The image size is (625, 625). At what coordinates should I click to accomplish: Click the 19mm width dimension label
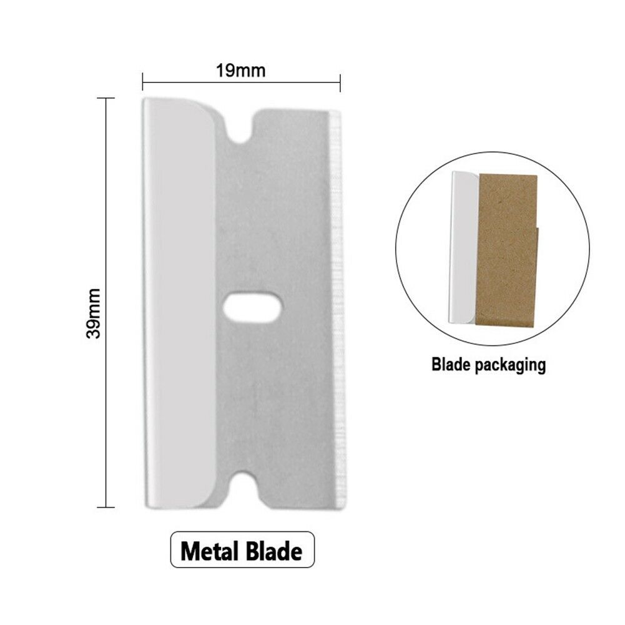click(241, 71)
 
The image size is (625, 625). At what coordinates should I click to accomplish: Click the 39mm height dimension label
click(94, 312)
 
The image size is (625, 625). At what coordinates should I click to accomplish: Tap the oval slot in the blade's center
click(252, 305)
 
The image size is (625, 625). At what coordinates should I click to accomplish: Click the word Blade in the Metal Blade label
click(273, 552)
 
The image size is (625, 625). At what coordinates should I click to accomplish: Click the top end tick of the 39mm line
click(106, 99)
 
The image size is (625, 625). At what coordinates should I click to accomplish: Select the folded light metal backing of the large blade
click(178, 300)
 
